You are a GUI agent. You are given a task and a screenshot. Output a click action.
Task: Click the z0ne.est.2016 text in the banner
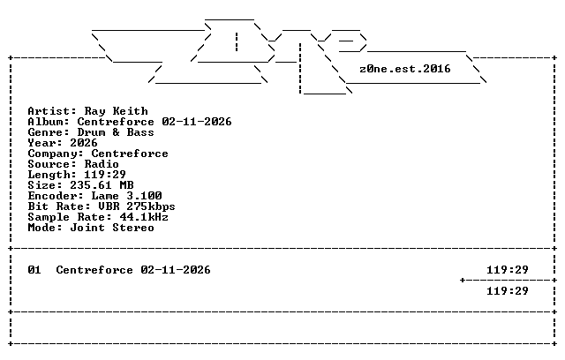(405, 69)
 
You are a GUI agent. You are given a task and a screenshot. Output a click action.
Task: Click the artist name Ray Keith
(116, 111)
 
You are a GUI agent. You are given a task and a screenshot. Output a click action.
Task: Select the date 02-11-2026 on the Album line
(197, 122)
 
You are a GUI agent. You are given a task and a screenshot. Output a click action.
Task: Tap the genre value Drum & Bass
(116, 132)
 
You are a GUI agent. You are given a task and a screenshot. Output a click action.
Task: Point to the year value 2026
(84, 143)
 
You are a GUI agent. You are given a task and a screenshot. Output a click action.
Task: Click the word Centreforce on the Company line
(130, 154)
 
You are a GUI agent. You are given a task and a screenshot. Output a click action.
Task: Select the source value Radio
(102, 164)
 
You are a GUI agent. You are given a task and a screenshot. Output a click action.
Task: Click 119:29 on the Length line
(105, 175)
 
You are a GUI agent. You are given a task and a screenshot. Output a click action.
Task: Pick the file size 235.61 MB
(102, 185)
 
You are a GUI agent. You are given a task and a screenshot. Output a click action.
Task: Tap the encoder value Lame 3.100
(126, 196)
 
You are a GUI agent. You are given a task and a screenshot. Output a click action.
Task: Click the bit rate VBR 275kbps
(137, 206)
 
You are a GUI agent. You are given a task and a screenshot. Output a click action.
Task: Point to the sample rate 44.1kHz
(144, 217)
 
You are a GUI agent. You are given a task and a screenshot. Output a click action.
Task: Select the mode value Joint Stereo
(112, 228)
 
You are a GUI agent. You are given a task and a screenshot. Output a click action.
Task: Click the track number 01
(34, 270)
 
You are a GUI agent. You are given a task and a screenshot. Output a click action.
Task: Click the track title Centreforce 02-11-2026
(133, 270)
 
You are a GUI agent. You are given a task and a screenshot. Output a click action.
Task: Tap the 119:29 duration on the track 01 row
(508, 270)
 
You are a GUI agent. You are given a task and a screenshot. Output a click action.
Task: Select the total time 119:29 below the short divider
(508, 291)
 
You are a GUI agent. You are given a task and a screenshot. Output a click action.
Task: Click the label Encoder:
(56, 196)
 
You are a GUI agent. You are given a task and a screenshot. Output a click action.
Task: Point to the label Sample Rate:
(70, 217)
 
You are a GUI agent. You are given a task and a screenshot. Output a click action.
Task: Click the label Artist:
(52, 111)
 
